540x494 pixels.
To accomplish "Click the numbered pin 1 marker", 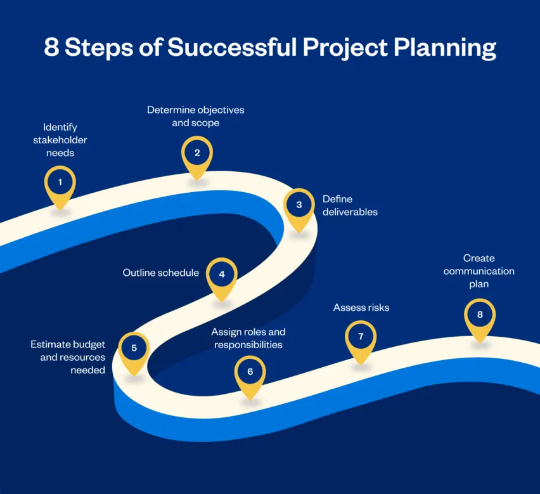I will (60, 183).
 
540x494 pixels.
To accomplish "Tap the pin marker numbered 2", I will (197, 153).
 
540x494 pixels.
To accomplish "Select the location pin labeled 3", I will (299, 205).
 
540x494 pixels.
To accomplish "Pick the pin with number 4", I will (222, 275).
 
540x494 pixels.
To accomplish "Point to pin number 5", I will (134, 348).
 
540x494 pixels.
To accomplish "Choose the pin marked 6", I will (250, 372).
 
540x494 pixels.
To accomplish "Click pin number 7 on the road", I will (361, 337).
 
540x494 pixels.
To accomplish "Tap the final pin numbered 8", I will (480, 315).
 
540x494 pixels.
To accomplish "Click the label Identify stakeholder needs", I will (60, 140).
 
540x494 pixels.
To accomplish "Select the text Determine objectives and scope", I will (196, 116).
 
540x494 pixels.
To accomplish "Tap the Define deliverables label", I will (350, 205).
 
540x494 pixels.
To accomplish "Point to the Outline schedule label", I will (161, 273).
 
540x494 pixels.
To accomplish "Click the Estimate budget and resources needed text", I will (68, 357).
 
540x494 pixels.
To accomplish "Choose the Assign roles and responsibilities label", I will (248, 339).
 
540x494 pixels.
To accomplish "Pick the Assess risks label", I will (361, 308).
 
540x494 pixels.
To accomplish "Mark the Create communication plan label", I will (479, 271).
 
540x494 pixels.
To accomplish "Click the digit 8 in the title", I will (51, 48).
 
